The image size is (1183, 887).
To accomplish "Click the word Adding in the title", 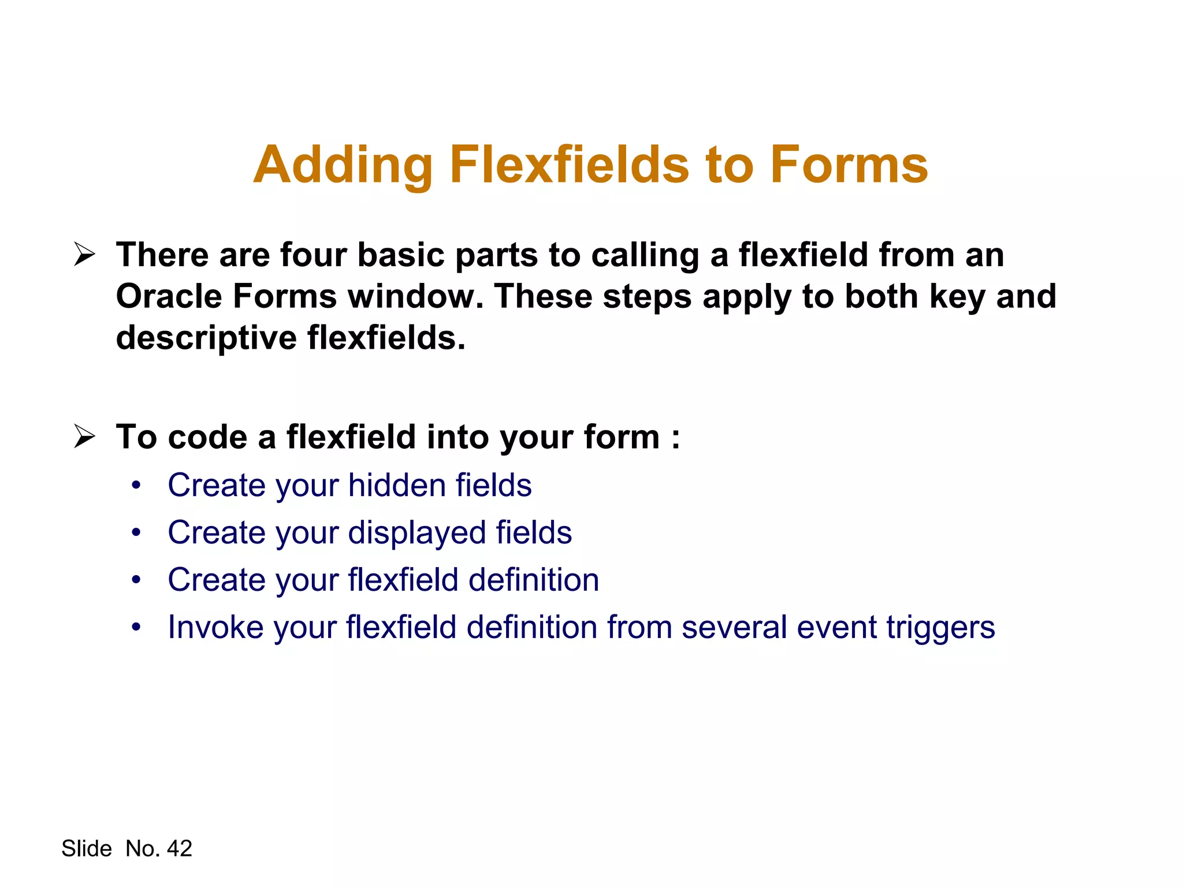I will pos(343,165).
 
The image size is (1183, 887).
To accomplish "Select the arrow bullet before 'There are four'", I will pos(84,255).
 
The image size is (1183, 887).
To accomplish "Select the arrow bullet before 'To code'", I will pos(84,437).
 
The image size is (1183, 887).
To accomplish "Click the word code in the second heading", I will pos(207,437).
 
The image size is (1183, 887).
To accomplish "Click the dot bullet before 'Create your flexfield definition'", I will pos(136,580).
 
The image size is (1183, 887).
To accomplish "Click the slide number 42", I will pos(179,848).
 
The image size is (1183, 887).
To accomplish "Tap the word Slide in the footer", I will pos(87,848).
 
